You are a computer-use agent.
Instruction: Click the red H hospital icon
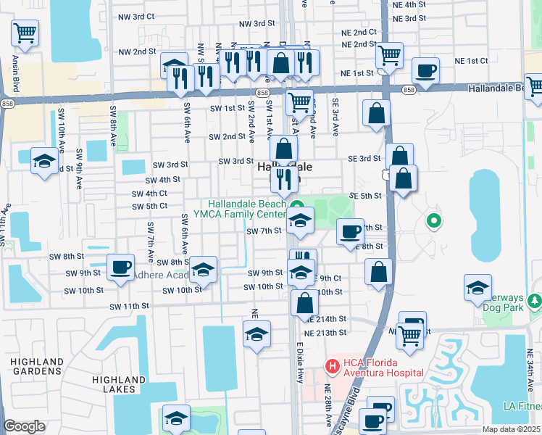(x=332, y=366)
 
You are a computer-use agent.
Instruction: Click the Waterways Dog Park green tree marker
(x=535, y=300)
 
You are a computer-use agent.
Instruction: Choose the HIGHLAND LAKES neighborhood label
(x=119, y=384)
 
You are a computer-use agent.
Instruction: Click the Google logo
(x=24, y=426)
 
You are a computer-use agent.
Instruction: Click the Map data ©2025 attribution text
(x=511, y=429)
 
